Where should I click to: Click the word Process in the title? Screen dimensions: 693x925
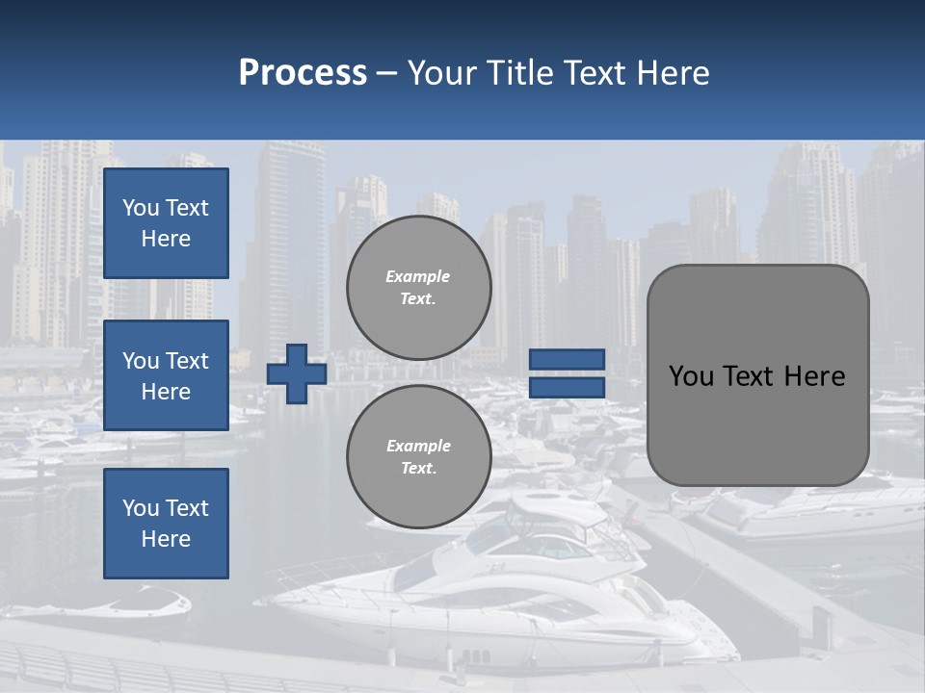click(303, 73)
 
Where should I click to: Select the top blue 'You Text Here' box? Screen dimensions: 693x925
click(166, 223)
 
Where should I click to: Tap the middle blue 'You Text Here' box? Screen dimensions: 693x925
click(166, 375)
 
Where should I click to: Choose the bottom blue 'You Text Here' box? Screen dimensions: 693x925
click(166, 524)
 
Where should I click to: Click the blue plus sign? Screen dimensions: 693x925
click(297, 373)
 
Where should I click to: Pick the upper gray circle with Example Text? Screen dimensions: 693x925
click(418, 288)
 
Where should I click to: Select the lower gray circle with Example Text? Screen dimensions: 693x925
click(418, 457)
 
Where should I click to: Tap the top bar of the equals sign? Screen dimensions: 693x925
click(567, 360)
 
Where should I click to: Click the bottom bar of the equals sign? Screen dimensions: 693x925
click(567, 387)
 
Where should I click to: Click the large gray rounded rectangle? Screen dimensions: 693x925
click(757, 423)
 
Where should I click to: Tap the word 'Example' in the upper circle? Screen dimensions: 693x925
click(418, 276)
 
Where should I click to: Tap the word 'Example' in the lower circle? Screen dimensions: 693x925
click(418, 446)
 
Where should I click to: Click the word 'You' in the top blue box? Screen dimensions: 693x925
click(141, 208)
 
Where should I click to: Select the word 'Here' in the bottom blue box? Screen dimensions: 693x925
click(166, 539)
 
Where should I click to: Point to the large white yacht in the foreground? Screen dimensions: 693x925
click(501, 597)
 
